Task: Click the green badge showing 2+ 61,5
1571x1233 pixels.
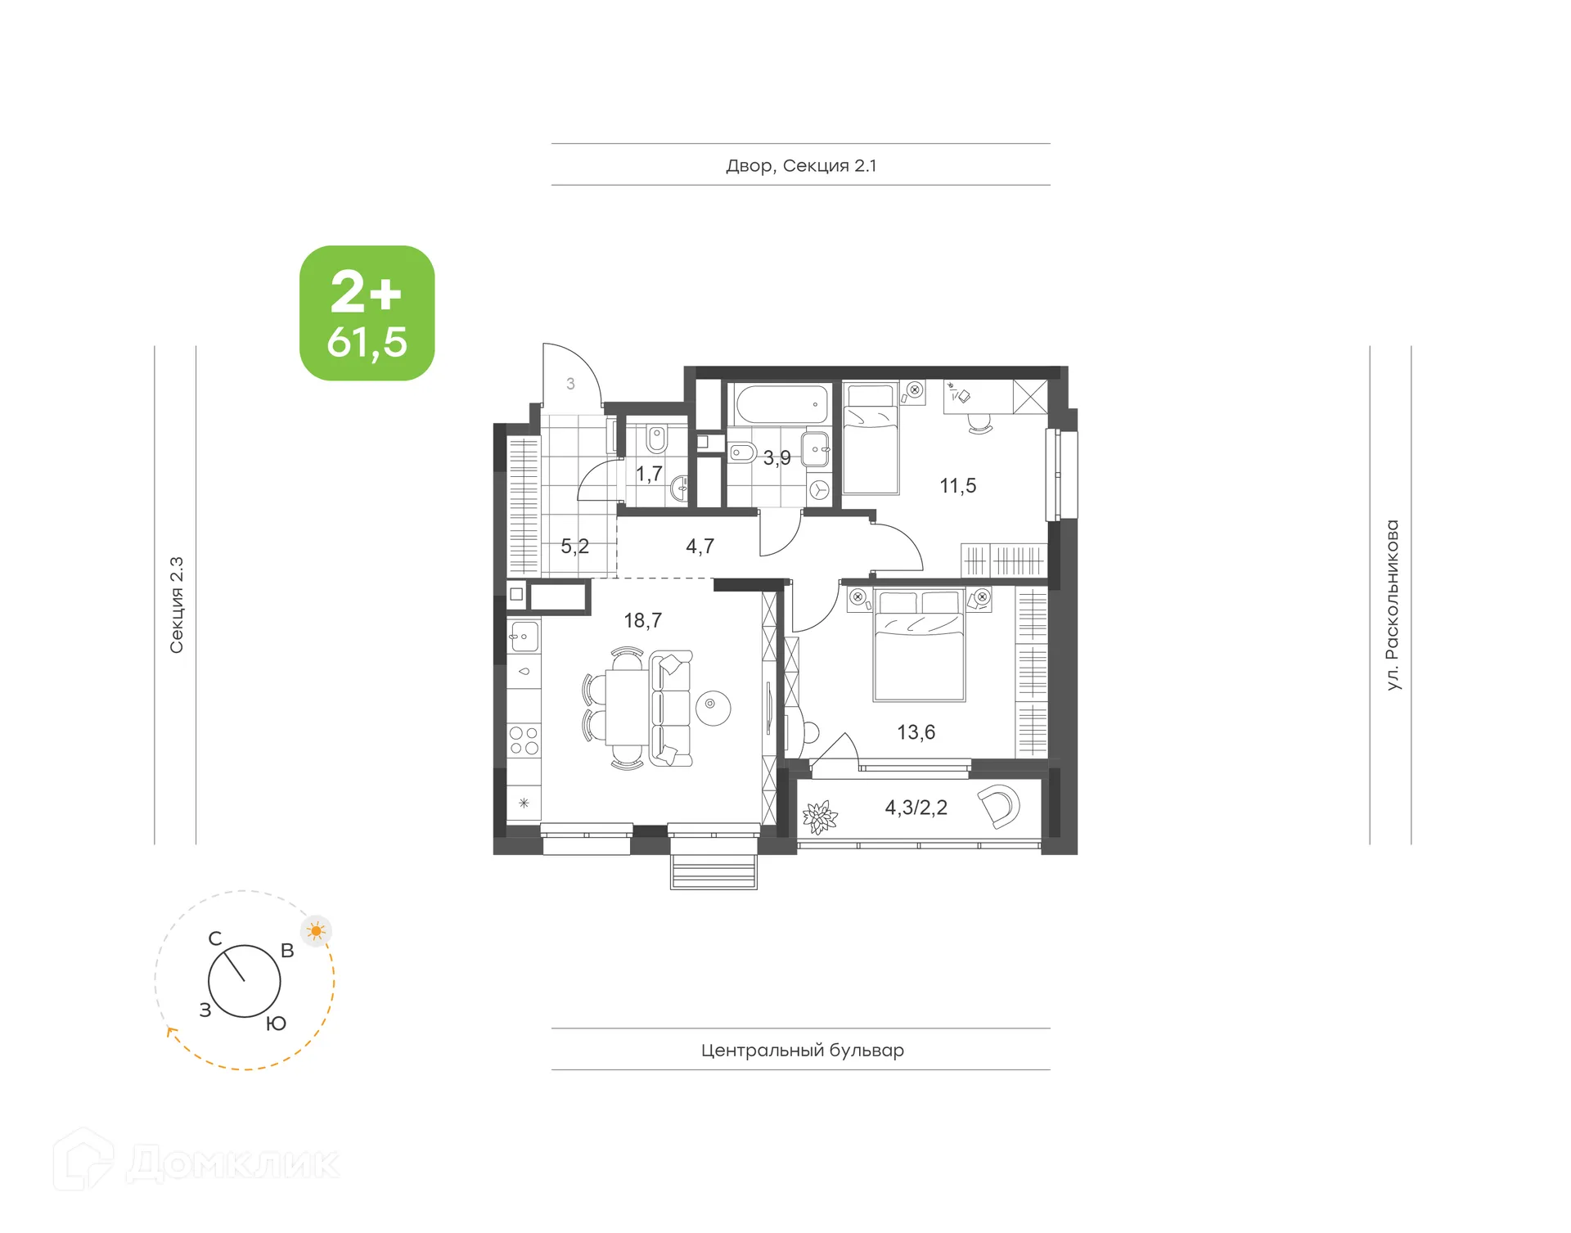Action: point(367,313)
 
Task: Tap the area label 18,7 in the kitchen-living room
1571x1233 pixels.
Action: point(642,621)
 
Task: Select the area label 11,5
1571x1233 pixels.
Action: point(957,486)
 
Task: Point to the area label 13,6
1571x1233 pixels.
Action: point(916,732)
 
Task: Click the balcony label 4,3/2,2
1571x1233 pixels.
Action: point(916,808)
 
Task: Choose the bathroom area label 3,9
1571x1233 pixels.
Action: point(776,458)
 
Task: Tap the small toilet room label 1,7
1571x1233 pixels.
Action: point(649,474)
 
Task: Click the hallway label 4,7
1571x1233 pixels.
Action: point(700,546)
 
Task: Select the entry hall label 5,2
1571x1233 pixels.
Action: point(574,547)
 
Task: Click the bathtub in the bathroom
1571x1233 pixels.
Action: point(781,404)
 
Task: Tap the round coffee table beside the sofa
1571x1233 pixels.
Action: point(713,707)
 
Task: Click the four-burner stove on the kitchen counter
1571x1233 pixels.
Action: point(524,740)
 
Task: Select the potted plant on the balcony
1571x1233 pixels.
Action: point(819,817)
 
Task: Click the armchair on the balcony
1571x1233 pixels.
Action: point(1000,805)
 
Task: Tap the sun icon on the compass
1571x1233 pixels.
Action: point(317,931)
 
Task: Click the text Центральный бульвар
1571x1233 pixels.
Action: point(802,1050)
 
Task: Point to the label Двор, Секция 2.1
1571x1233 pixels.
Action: point(801,166)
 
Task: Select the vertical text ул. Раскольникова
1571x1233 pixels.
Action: point(1392,605)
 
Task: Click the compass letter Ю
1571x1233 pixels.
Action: point(276,1024)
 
